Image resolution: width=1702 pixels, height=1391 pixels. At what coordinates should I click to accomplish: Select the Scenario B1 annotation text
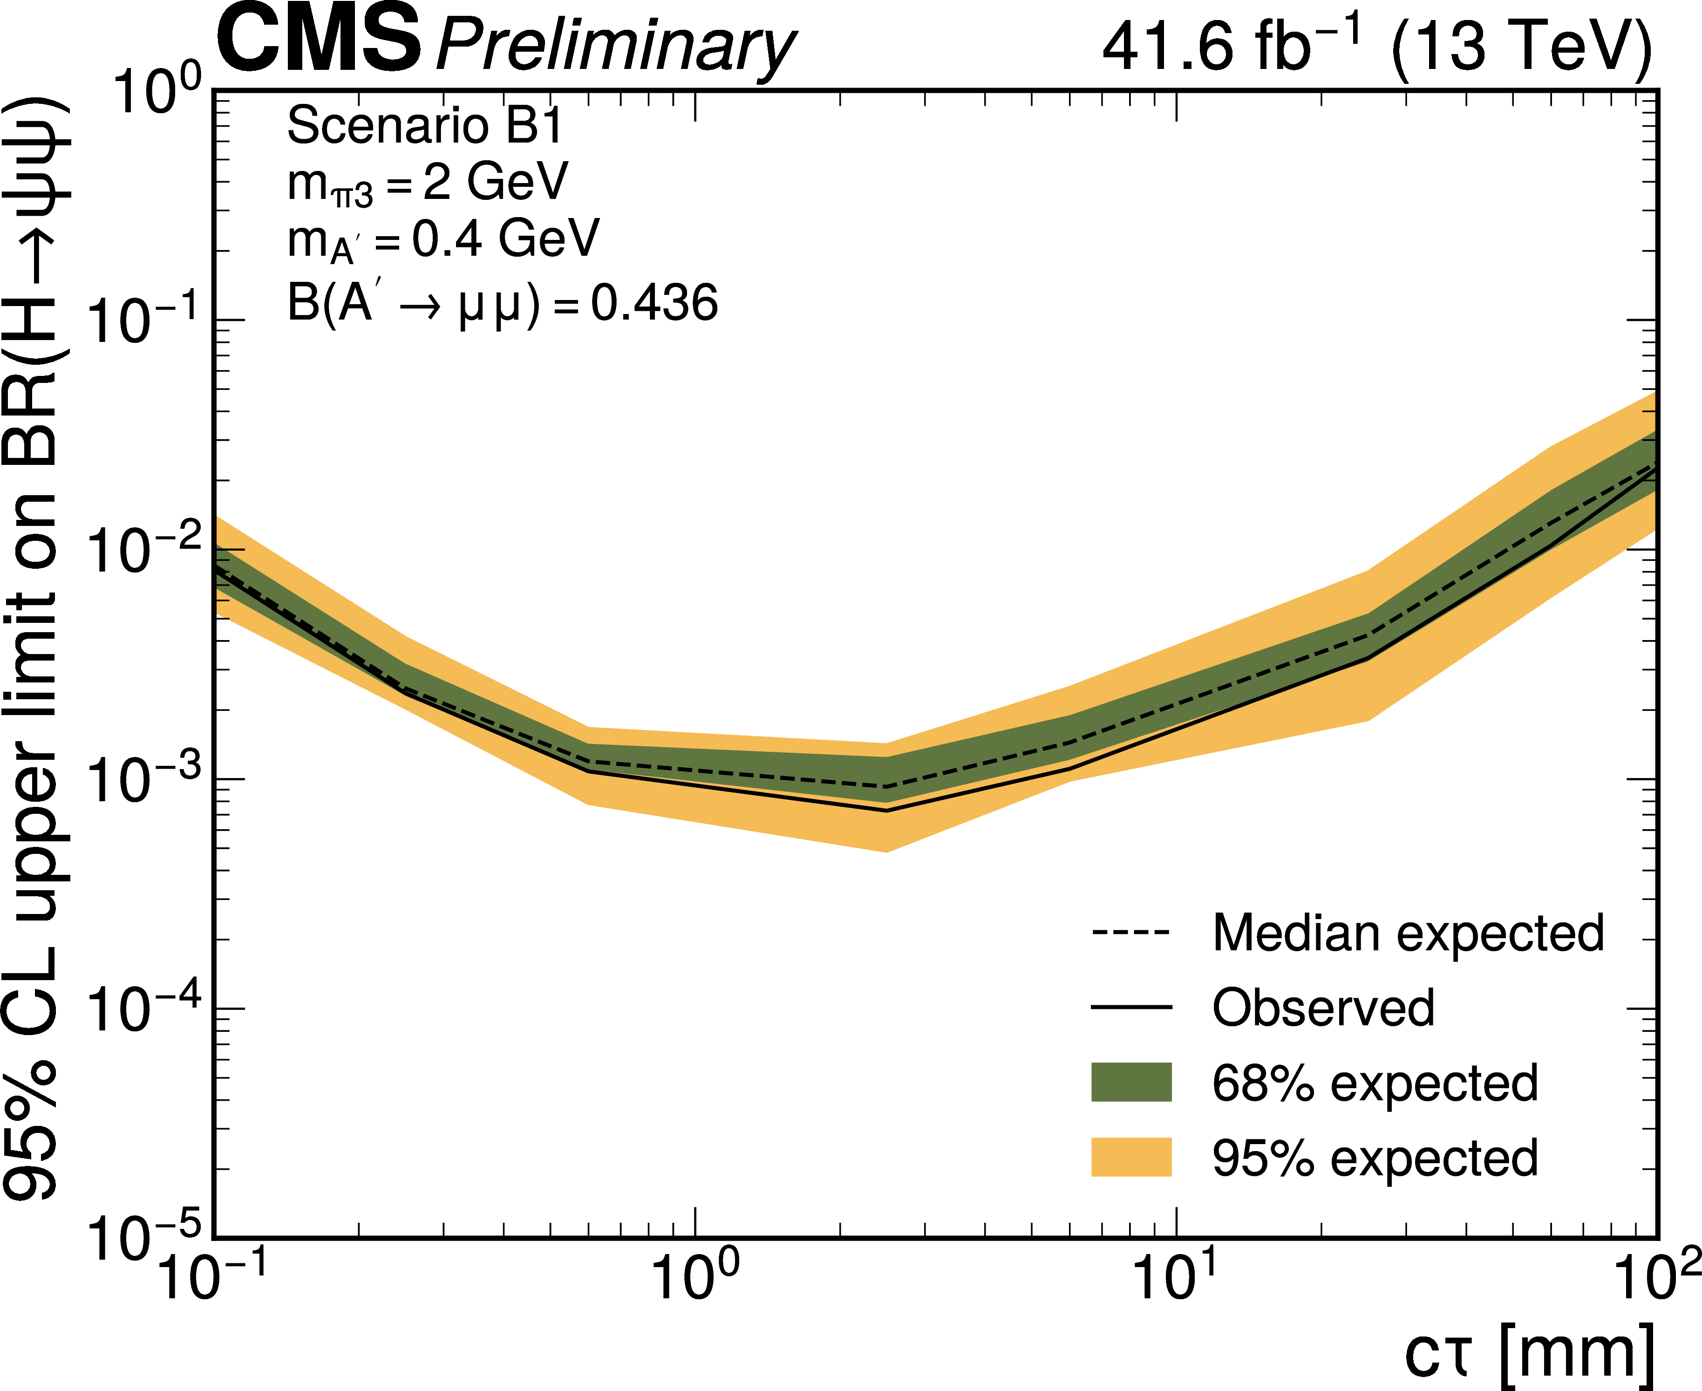[425, 126]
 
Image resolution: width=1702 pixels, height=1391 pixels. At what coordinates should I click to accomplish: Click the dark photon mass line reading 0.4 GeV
[443, 239]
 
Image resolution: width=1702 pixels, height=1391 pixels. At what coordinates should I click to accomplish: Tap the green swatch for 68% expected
[1130, 1083]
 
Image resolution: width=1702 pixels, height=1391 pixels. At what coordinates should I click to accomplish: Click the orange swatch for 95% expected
[1130, 1157]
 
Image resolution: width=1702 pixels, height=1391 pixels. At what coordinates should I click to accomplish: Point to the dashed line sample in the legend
[1130, 933]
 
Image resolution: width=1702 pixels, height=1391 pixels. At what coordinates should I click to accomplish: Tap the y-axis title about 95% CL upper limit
[36, 649]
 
